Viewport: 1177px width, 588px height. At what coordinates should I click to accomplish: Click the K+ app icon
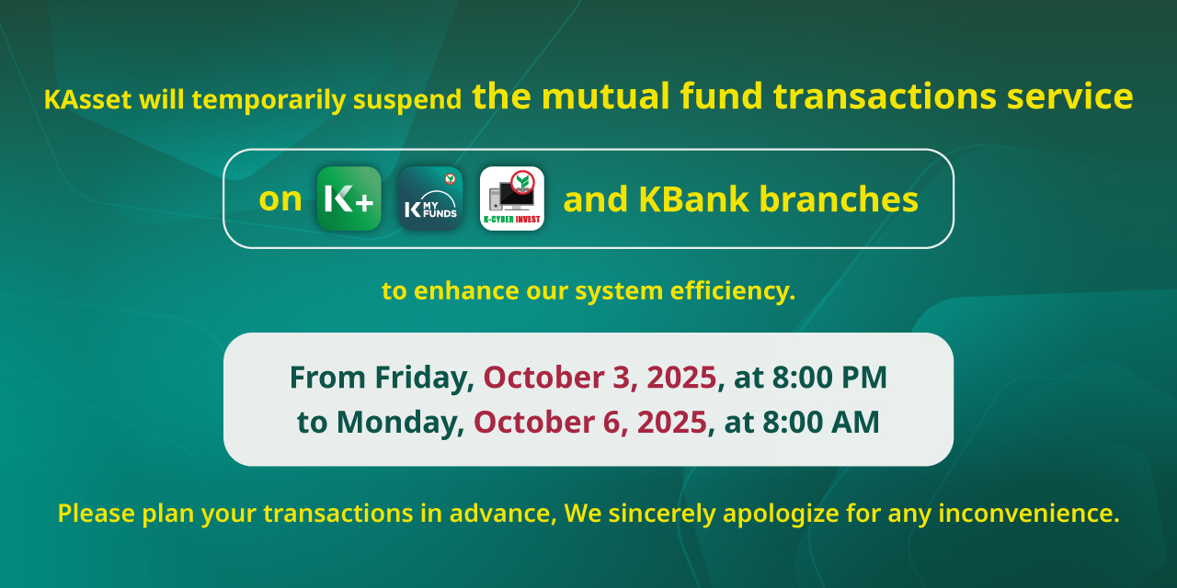tap(349, 198)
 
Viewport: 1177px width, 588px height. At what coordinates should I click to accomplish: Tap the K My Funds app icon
tap(430, 198)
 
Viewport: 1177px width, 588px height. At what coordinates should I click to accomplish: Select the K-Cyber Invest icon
tap(512, 198)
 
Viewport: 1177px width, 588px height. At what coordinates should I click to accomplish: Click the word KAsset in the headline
tap(87, 99)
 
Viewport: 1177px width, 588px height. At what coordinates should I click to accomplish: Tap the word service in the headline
tap(1069, 96)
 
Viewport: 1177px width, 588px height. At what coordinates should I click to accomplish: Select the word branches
tap(839, 199)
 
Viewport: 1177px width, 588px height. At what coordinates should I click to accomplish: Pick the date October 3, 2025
tap(600, 378)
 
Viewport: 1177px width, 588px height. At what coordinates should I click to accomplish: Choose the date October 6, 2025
tap(590, 422)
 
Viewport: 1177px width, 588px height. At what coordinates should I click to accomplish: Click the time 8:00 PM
tap(829, 378)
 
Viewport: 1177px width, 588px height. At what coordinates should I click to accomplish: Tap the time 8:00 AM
tap(821, 422)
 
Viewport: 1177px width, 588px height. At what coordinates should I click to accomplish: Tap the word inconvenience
tap(1029, 513)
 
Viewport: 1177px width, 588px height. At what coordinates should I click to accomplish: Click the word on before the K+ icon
tap(280, 200)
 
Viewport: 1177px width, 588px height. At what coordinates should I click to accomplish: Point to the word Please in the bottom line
tap(97, 513)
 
